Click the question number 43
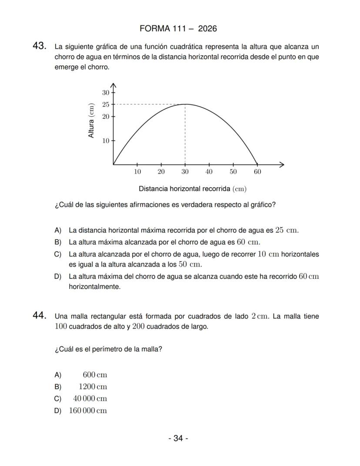(x=40, y=46)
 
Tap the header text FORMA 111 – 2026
(x=178, y=29)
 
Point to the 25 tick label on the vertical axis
(x=106, y=104)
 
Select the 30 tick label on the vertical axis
(x=106, y=93)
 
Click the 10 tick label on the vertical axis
(x=106, y=141)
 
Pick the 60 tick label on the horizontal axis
(x=257, y=172)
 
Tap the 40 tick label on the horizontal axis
(x=209, y=172)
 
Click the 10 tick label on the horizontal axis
(x=137, y=172)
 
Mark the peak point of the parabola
(x=185, y=104)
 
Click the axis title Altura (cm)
(x=91, y=121)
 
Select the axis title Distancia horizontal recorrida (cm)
(x=193, y=189)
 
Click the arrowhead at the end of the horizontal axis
(x=282, y=164)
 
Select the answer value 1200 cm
(x=93, y=387)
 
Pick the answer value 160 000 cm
(x=88, y=411)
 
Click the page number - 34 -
(x=178, y=438)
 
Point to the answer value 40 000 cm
(x=90, y=399)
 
